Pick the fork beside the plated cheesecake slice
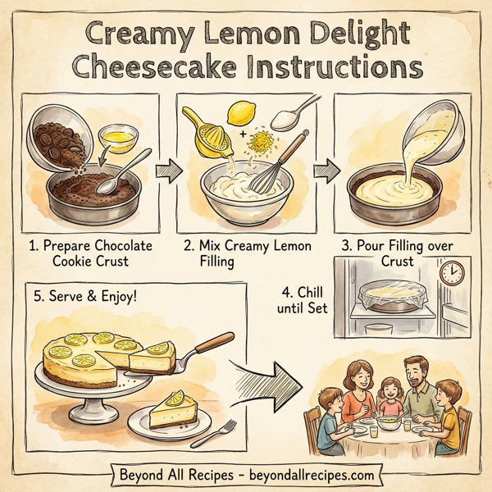tap(221, 431)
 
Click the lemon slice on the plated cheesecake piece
tap(175, 399)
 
